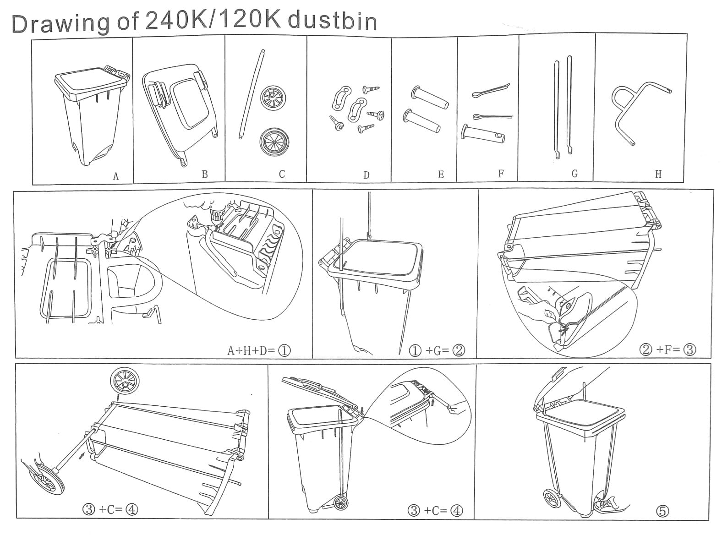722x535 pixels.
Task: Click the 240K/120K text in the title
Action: [212, 22]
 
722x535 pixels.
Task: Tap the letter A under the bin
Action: [115, 176]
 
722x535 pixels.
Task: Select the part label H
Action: [658, 175]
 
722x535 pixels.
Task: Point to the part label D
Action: [366, 175]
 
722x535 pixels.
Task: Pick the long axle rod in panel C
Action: [251, 94]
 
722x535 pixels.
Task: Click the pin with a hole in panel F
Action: [483, 133]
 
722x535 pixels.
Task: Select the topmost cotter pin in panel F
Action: [491, 91]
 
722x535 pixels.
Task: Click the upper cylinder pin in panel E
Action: [430, 98]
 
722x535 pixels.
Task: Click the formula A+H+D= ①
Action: [259, 351]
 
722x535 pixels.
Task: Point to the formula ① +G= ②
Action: [437, 350]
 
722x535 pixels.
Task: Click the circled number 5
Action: [663, 511]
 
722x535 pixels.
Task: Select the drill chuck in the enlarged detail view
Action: [216, 215]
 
